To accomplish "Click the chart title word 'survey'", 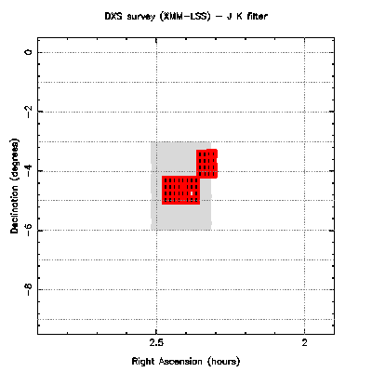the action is (140, 16).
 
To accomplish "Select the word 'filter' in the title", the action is (257, 16).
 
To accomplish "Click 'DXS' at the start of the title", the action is (114, 16).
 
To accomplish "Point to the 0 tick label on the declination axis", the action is (29, 52).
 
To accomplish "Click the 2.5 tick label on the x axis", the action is (156, 342).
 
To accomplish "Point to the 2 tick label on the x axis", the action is (305, 342).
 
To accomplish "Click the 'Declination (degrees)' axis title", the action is (15, 186).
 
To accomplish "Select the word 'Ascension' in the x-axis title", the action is (180, 362).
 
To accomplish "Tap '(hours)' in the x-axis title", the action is (224, 362).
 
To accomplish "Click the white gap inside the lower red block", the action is (192, 193).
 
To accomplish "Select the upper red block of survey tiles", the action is (206, 164).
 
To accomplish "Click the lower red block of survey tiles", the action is (181, 190).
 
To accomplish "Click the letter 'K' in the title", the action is (239, 16).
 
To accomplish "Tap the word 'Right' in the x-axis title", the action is (143, 362).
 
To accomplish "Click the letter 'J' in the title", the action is (229, 16).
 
